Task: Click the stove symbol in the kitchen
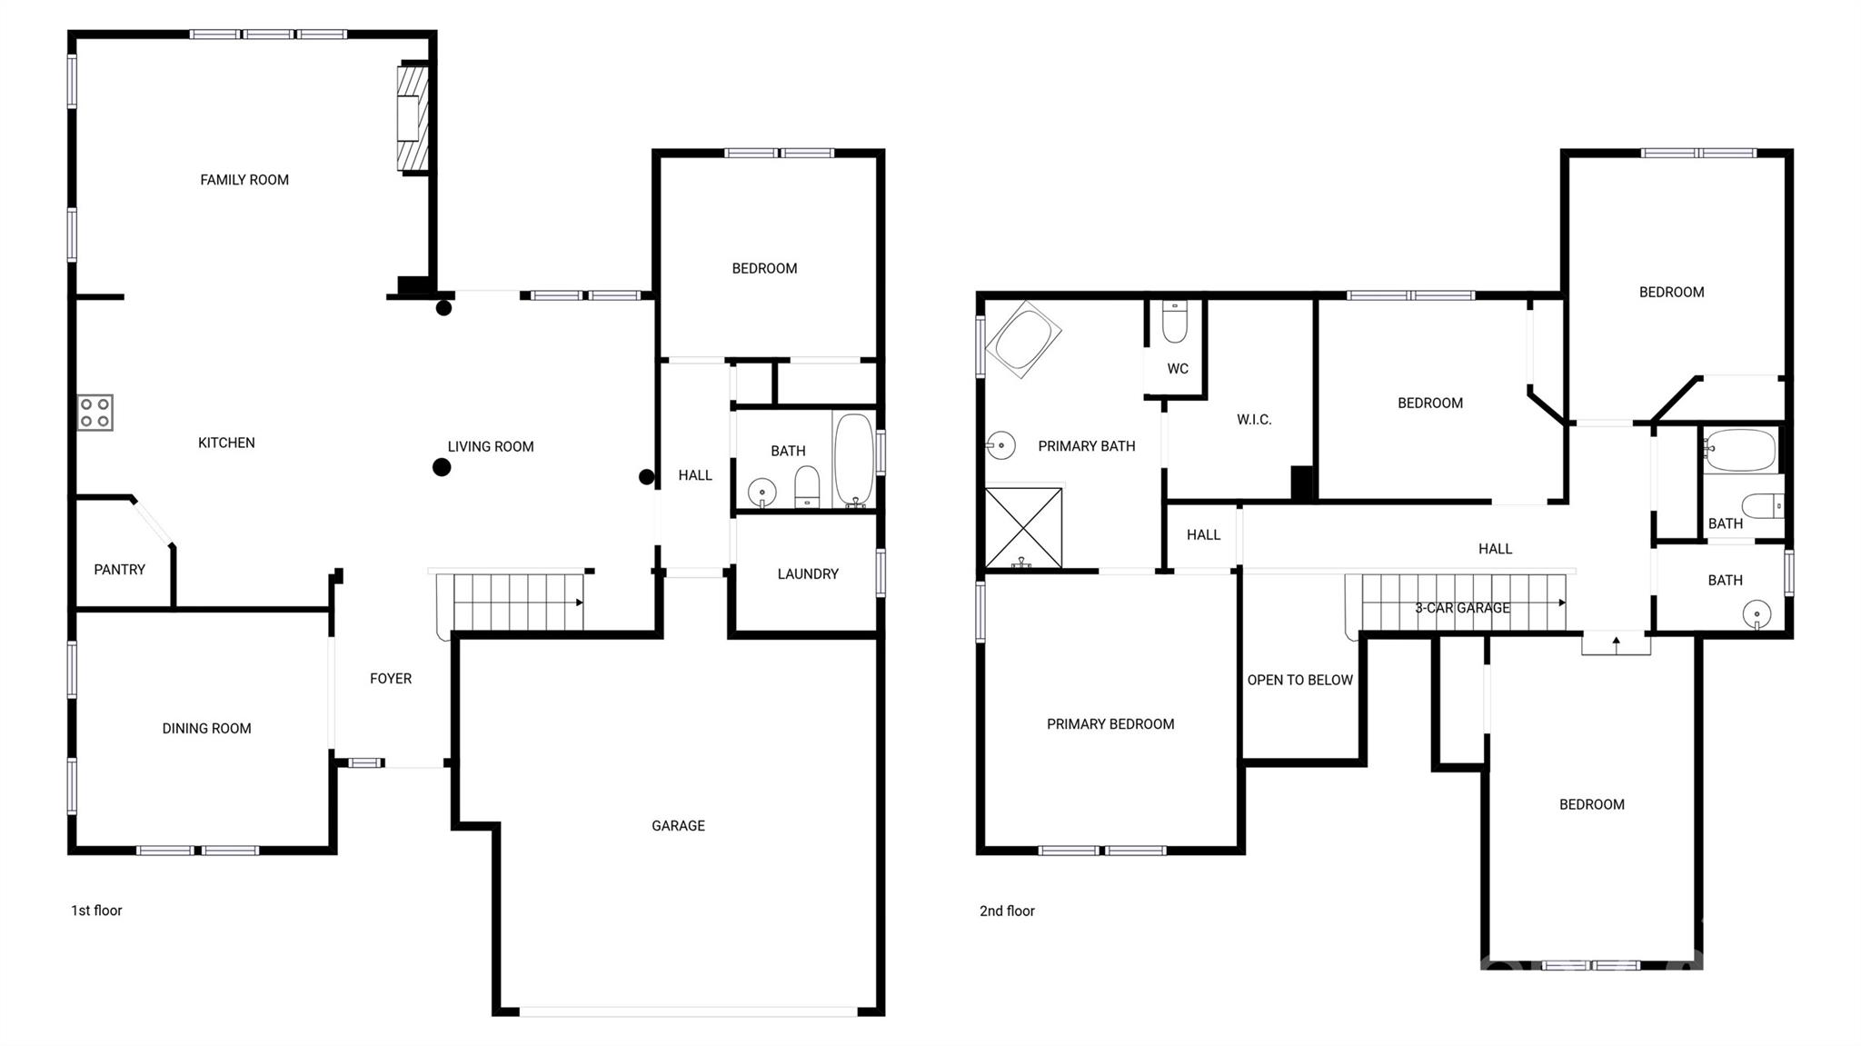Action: tap(95, 412)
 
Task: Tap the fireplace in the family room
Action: tap(411, 117)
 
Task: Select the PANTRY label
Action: tap(119, 570)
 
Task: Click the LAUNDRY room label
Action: tap(807, 574)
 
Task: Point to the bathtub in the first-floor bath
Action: tap(854, 459)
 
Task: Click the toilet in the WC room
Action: tap(1174, 323)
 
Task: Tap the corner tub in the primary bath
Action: tap(1023, 339)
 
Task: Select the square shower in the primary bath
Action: tap(1023, 528)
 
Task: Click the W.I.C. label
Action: tap(1253, 420)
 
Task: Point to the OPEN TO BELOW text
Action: tap(1299, 680)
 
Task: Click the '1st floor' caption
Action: tap(96, 911)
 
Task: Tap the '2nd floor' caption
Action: tap(1007, 911)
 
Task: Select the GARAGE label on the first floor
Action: tap(678, 826)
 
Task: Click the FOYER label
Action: tap(390, 679)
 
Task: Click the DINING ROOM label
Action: tap(206, 729)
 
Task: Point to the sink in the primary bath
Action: tap(1000, 445)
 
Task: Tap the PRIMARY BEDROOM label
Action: tap(1110, 724)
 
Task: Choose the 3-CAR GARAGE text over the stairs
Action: tap(1461, 608)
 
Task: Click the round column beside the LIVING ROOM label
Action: tap(442, 467)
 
